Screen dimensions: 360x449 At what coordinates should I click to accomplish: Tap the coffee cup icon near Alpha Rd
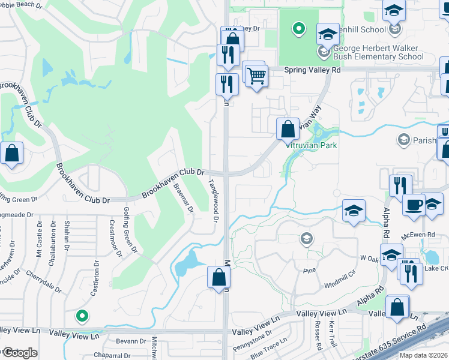pyautogui.click(x=414, y=205)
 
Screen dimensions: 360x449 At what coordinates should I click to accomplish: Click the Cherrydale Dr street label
pyautogui.click(x=43, y=281)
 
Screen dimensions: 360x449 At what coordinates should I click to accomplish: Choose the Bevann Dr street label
pyautogui.click(x=127, y=341)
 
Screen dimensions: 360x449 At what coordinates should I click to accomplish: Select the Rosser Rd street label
pyautogui.click(x=318, y=336)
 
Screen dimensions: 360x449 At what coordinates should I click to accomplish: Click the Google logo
pyautogui.click(x=20, y=353)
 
